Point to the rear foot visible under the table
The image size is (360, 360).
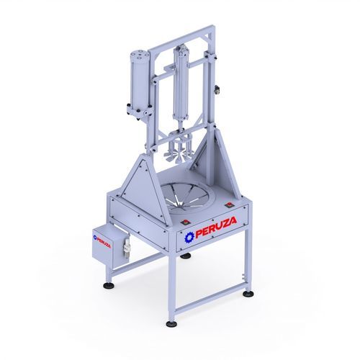tap(186, 256)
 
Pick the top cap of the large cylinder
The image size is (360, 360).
tap(138, 55)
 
